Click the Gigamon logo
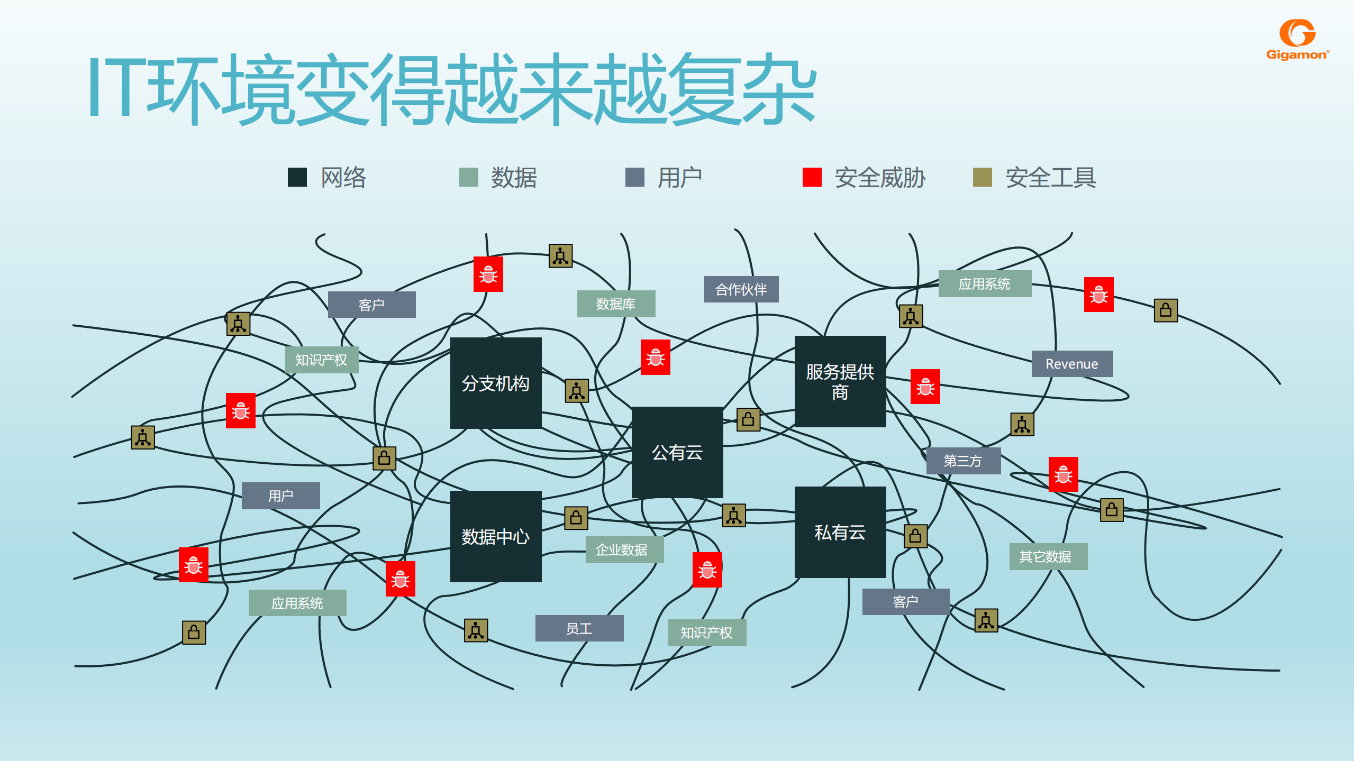pos(1297,40)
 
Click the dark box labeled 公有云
pos(677,452)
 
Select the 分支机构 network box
pos(496,383)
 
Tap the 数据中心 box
pos(496,536)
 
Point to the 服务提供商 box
pos(840,381)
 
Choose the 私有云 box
pos(840,532)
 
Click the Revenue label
pos(1072,364)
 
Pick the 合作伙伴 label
pos(741,289)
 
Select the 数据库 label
pos(616,304)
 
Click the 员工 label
pos(579,628)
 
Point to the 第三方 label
pos(963,461)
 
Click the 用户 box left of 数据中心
pos(281,496)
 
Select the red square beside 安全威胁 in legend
pos(812,177)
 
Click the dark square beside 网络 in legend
pos(297,177)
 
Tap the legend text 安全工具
pos(1050,177)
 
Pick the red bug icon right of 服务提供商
pos(925,387)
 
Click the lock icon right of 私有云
pos(915,536)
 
